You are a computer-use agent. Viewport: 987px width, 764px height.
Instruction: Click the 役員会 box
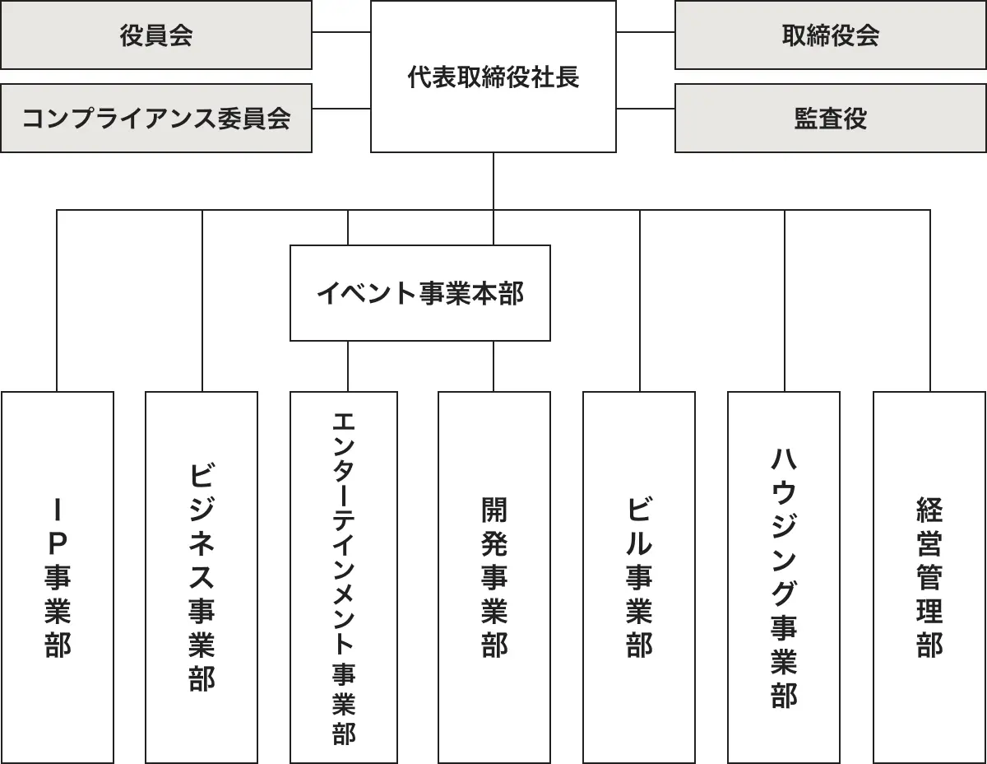click(156, 35)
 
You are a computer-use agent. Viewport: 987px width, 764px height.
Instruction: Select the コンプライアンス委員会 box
click(156, 119)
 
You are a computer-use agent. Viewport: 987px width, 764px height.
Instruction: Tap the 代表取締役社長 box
click(493, 77)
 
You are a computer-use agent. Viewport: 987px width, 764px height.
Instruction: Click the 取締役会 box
click(831, 35)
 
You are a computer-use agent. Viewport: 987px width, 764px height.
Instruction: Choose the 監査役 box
click(831, 119)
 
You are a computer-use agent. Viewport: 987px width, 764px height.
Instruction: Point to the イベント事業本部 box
click(419, 293)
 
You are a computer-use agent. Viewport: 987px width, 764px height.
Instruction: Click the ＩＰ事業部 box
click(58, 576)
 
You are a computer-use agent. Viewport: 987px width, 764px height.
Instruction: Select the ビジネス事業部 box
click(202, 576)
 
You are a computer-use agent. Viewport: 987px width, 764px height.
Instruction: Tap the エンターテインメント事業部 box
click(344, 576)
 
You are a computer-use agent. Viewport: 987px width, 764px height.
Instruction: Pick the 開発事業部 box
click(493, 576)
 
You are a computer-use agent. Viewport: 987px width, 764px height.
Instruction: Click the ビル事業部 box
click(639, 576)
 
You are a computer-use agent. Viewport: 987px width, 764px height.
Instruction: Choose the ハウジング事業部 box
click(784, 576)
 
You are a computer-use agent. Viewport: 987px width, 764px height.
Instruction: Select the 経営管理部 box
click(929, 576)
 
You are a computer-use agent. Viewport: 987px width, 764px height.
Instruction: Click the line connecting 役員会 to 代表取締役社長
click(341, 33)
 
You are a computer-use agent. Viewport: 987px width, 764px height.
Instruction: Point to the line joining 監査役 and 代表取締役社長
click(646, 109)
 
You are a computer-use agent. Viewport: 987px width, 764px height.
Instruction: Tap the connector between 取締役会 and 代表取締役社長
click(646, 33)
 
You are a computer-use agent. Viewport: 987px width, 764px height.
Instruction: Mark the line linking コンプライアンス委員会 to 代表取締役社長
click(341, 109)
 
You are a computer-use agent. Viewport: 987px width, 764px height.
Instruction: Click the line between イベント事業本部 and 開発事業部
click(493, 366)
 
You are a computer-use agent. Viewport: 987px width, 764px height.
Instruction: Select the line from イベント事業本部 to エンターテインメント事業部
click(348, 366)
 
